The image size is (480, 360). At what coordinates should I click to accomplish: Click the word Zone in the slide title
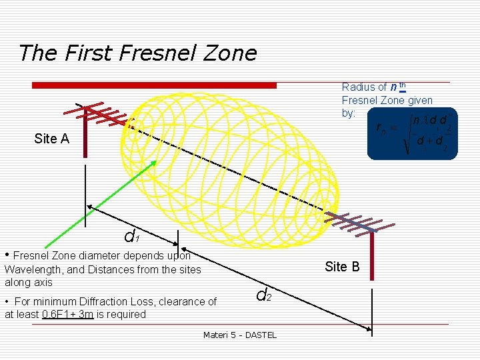(x=231, y=53)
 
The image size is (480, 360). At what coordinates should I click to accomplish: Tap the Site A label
(x=51, y=139)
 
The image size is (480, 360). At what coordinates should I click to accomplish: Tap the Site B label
(x=342, y=267)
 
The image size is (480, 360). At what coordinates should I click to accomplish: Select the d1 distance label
(x=131, y=236)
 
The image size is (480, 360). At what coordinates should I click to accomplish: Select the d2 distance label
(x=263, y=294)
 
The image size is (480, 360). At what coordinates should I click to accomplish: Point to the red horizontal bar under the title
(x=154, y=85)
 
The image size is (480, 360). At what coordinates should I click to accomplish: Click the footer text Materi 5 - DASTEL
(x=239, y=335)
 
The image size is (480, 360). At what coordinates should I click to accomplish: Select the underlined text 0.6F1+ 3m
(x=67, y=314)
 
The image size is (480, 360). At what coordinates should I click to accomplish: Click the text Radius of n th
(x=374, y=87)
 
